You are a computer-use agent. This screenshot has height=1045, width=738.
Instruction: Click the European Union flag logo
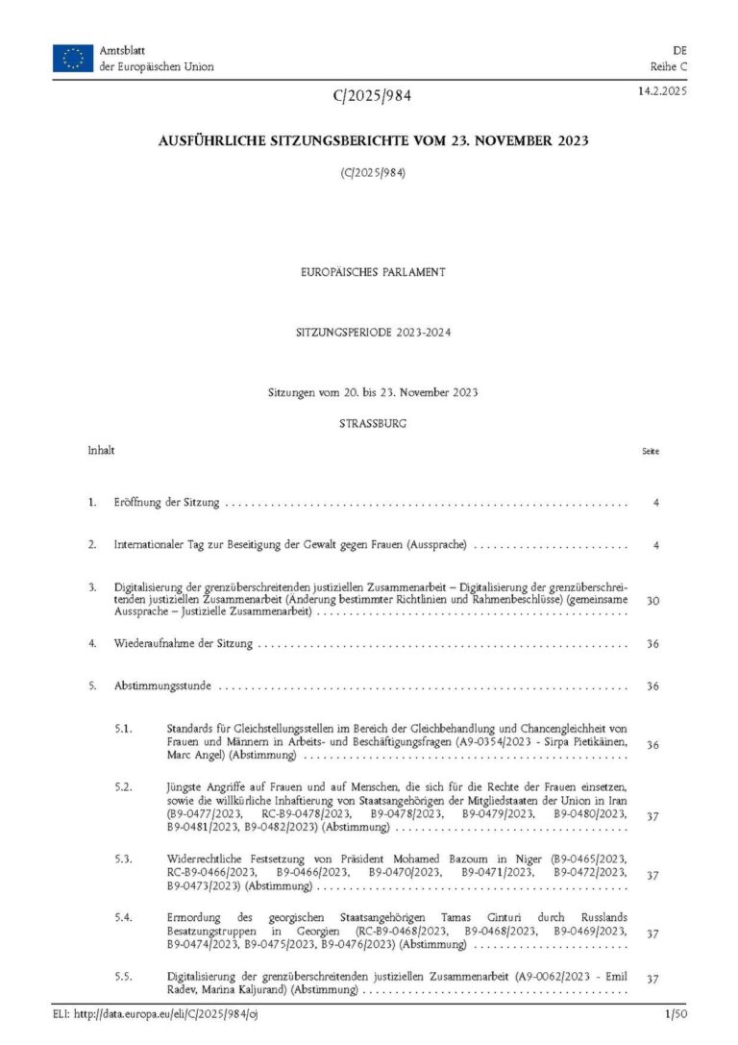click(x=73, y=59)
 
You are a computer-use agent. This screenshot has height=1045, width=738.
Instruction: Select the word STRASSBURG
click(x=372, y=423)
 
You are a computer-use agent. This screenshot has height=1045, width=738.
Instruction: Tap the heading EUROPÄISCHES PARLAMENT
click(x=372, y=272)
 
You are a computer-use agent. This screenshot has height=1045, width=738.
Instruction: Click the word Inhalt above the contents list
click(x=101, y=450)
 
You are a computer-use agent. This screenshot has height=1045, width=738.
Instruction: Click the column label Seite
click(x=650, y=451)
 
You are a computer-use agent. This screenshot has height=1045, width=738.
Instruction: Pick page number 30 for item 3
click(x=652, y=600)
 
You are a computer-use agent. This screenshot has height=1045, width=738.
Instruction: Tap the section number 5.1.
click(x=123, y=728)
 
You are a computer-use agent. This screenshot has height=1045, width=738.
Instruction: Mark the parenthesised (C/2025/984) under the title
click(x=372, y=173)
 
